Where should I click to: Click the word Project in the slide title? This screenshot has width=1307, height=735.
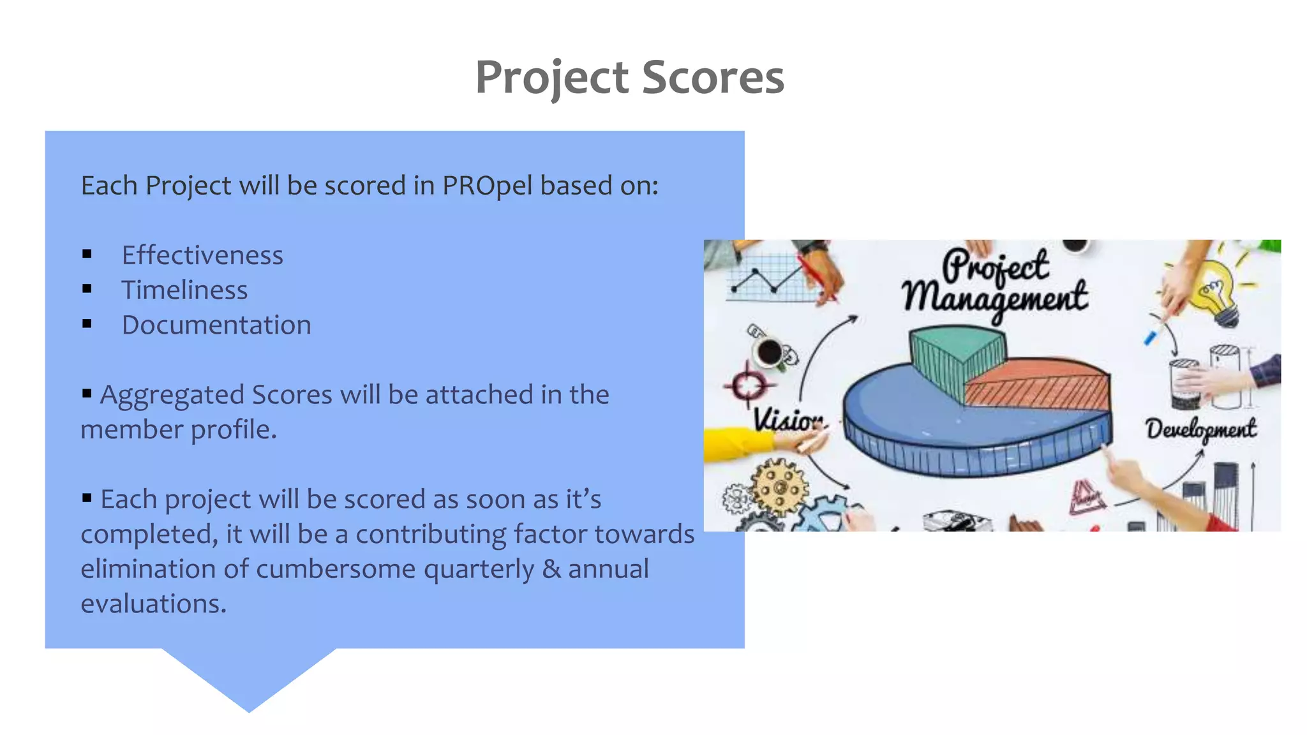[x=552, y=77]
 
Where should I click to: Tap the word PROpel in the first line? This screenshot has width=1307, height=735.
[x=487, y=186]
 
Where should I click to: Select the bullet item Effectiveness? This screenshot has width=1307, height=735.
[x=202, y=255]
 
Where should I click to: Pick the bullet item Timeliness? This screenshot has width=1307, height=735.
[x=184, y=290]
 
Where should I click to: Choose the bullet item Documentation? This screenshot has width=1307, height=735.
[x=216, y=325]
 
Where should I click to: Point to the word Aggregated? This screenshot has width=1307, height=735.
[x=172, y=395]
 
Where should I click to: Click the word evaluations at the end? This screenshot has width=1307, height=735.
[x=153, y=604]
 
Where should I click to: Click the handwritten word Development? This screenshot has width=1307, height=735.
[x=1200, y=429]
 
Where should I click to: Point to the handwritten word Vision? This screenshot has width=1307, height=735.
[x=787, y=420]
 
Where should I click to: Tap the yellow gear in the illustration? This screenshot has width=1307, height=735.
[x=779, y=487]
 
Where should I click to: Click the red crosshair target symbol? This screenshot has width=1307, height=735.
[x=747, y=385]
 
